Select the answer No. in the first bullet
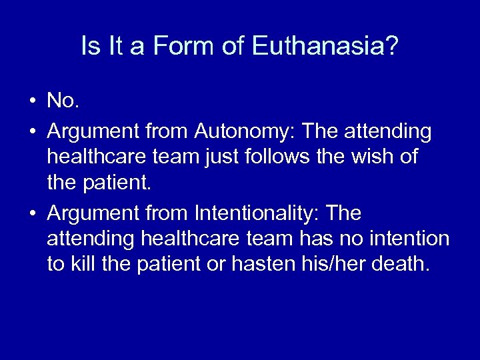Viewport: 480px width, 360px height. coord(63,101)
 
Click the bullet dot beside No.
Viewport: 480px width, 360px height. coord(32,101)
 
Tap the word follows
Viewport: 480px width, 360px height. coord(271,157)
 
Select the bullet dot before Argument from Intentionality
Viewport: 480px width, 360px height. coord(32,214)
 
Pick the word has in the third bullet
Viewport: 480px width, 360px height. coord(313,239)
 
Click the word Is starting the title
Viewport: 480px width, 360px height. coord(89,46)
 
